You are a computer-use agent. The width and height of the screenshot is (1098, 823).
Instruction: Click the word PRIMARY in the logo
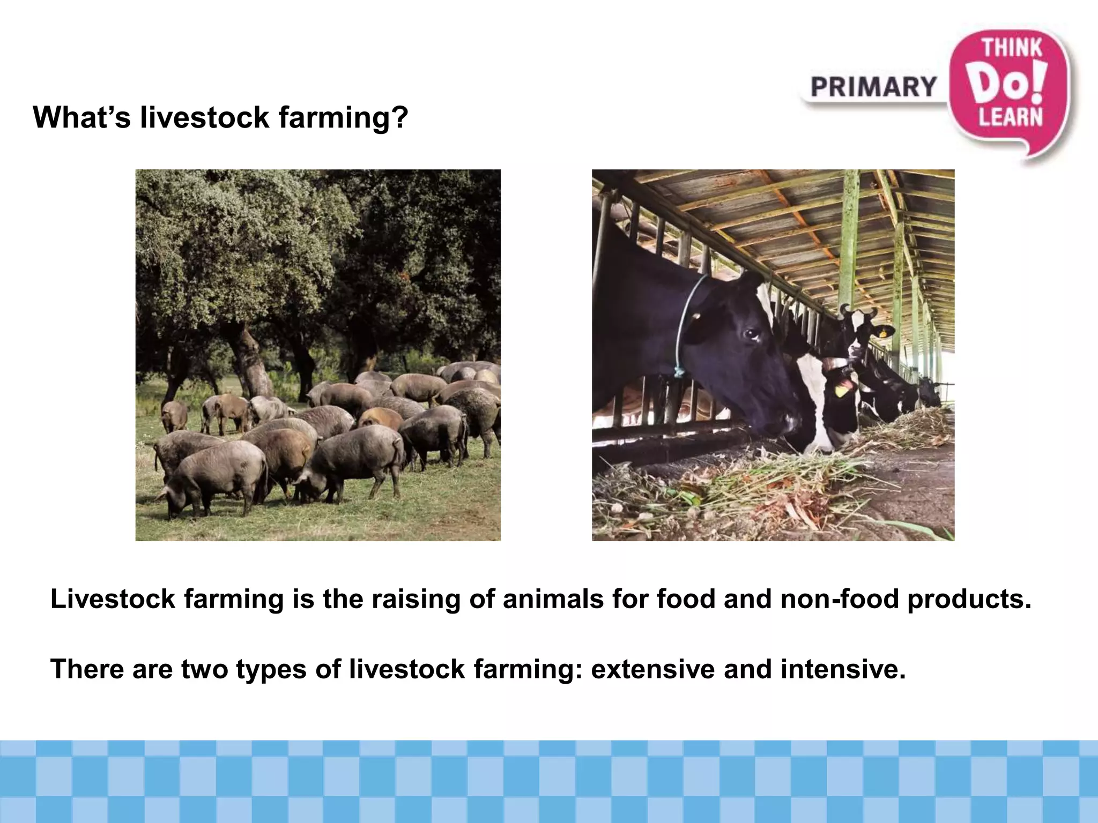[x=873, y=87]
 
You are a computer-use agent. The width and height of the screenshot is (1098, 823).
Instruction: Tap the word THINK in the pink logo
[x=1011, y=48]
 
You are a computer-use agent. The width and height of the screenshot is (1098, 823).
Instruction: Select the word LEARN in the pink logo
[x=1011, y=116]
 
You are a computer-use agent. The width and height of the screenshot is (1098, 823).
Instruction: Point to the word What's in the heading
[x=82, y=117]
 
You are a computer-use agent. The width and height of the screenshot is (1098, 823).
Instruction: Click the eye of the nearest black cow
[x=751, y=335]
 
